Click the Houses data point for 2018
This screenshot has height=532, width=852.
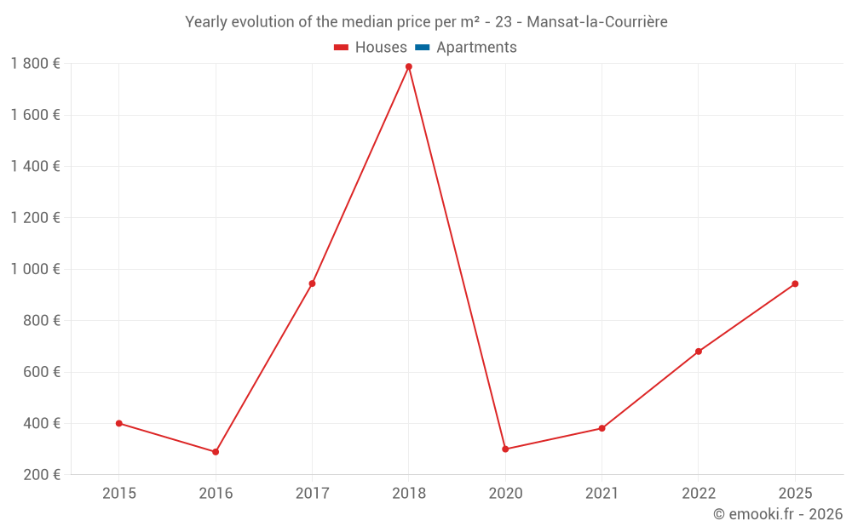[x=409, y=66]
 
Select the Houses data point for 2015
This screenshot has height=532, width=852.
[x=118, y=423]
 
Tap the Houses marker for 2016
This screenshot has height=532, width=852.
[x=216, y=452]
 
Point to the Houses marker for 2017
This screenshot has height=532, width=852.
[x=312, y=283]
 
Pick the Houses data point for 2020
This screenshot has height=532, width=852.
[x=505, y=449]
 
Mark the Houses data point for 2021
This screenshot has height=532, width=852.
[x=602, y=428]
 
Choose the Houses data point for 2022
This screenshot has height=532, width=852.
[x=699, y=352]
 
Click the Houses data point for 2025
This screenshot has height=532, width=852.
[x=795, y=283]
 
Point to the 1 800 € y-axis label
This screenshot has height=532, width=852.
[x=35, y=64]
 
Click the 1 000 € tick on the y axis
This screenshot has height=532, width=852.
[x=35, y=269]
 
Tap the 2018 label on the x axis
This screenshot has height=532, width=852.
[x=409, y=493]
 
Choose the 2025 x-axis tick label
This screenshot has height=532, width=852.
[x=795, y=493]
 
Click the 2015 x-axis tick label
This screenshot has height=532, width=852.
[x=118, y=493]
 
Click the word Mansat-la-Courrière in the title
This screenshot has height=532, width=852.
[x=597, y=21]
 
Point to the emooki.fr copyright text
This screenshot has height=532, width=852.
[x=778, y=514]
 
